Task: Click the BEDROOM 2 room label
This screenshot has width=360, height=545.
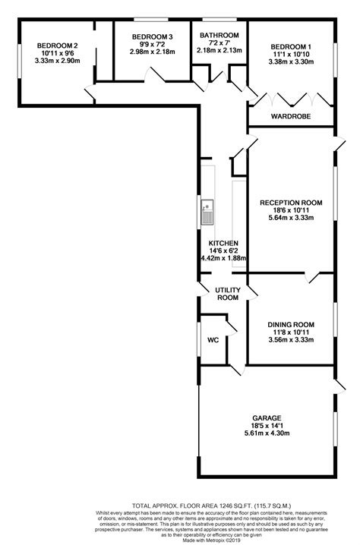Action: [x=58, y=46]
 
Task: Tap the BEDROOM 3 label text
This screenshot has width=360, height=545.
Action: [x=151, y=36]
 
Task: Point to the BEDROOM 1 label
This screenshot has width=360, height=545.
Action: [x=291, y=46]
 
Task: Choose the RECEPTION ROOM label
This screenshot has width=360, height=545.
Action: [x=291, y=203]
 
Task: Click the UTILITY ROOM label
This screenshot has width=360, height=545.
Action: [x=226, y=295]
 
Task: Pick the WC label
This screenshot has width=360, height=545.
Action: [x=213, y=340]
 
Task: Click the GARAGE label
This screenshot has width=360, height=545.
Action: [x=268, y=418]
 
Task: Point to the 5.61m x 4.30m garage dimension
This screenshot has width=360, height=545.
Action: [x=268, y=434]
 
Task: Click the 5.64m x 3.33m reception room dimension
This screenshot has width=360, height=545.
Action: [x=291, y=219]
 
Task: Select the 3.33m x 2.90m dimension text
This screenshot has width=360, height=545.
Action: [x=58, y=60]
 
